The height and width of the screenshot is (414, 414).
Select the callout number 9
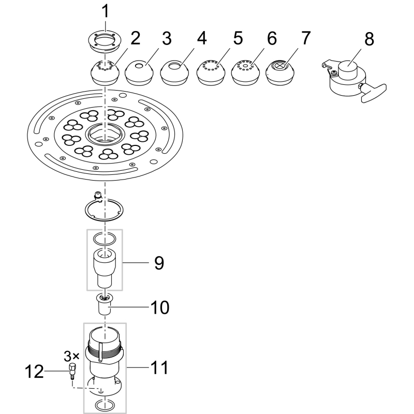[158, 263]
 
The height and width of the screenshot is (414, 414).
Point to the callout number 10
[160, 307]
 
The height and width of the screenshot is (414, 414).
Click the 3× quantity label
[71, 356]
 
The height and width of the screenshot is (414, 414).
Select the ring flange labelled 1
[106, 40]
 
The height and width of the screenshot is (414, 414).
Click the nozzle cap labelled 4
[174, 72]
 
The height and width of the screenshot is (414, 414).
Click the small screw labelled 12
[72, 371]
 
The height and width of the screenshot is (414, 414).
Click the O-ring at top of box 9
[105, 239]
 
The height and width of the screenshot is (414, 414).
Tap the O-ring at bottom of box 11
[106, 404]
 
